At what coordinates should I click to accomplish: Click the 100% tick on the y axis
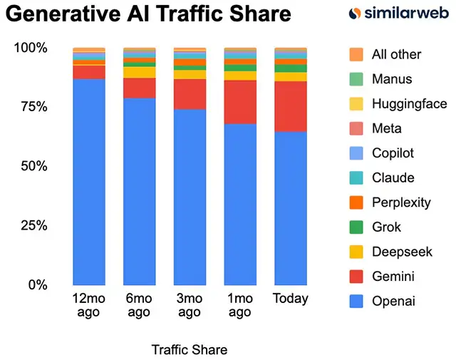(31, 48)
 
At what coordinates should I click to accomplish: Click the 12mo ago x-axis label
(89, 304)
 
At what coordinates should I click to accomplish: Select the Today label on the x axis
(291, 298)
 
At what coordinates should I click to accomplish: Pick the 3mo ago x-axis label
(190, 304)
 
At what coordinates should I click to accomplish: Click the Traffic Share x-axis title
(190, 349)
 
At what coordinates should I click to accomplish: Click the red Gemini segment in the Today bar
(291, 106)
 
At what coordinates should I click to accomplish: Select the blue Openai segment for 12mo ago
(89, 182)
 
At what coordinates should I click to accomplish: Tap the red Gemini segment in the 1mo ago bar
(240, 102)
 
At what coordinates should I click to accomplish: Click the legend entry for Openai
(393, 302)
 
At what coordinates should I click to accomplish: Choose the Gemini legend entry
(393, 277)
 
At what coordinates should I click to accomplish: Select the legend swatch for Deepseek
(357, 252)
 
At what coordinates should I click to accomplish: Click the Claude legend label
(393, 178)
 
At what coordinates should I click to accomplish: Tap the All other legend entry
(396, 54)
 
